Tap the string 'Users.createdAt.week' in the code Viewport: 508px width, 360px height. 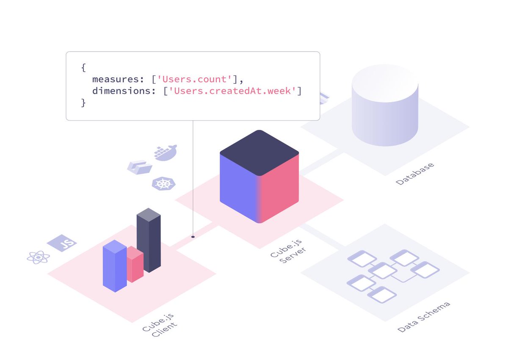pos(232,91)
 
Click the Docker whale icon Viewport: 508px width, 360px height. pos(165,152)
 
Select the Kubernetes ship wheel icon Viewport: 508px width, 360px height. pos(163,184)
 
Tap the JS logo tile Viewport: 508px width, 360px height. pos(62,243)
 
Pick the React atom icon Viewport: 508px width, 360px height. pos(39,257)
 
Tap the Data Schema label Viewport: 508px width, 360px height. pos(424,317)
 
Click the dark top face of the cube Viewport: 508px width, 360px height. pos(259,152)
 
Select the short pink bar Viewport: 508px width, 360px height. pos(135,266)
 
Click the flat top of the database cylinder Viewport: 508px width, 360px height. pos(385,82)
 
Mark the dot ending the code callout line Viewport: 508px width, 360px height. pos(193,237)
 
